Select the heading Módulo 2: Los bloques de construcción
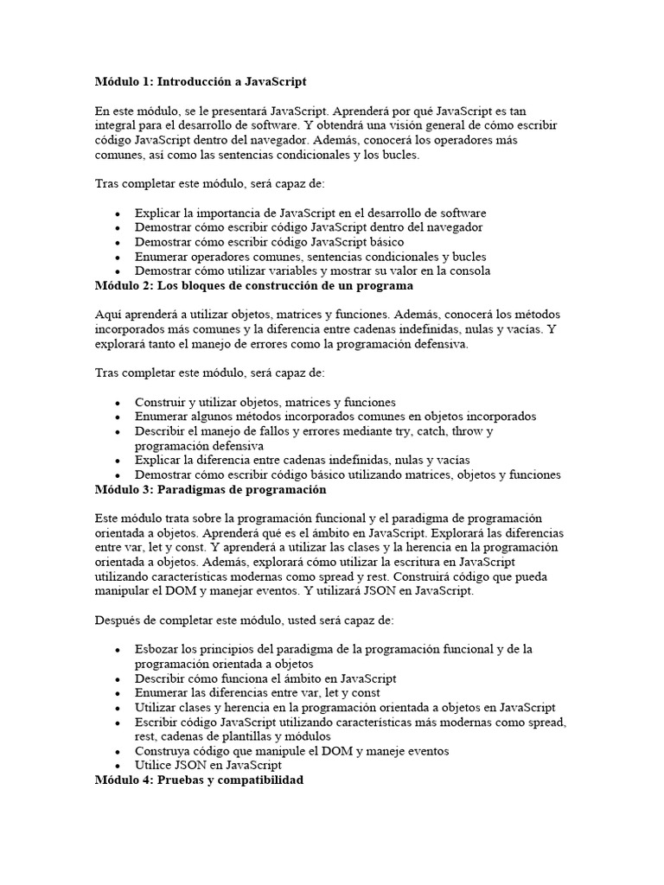click(x=254, y=285)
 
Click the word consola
click(x=469, y=271)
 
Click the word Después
click(x=118, y=620)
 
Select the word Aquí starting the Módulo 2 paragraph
click(x=108, y=314)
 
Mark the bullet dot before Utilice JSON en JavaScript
click(x=117, y=766)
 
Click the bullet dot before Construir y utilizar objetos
click(x=117, y=403)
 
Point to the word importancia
click(x=221, y=213)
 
